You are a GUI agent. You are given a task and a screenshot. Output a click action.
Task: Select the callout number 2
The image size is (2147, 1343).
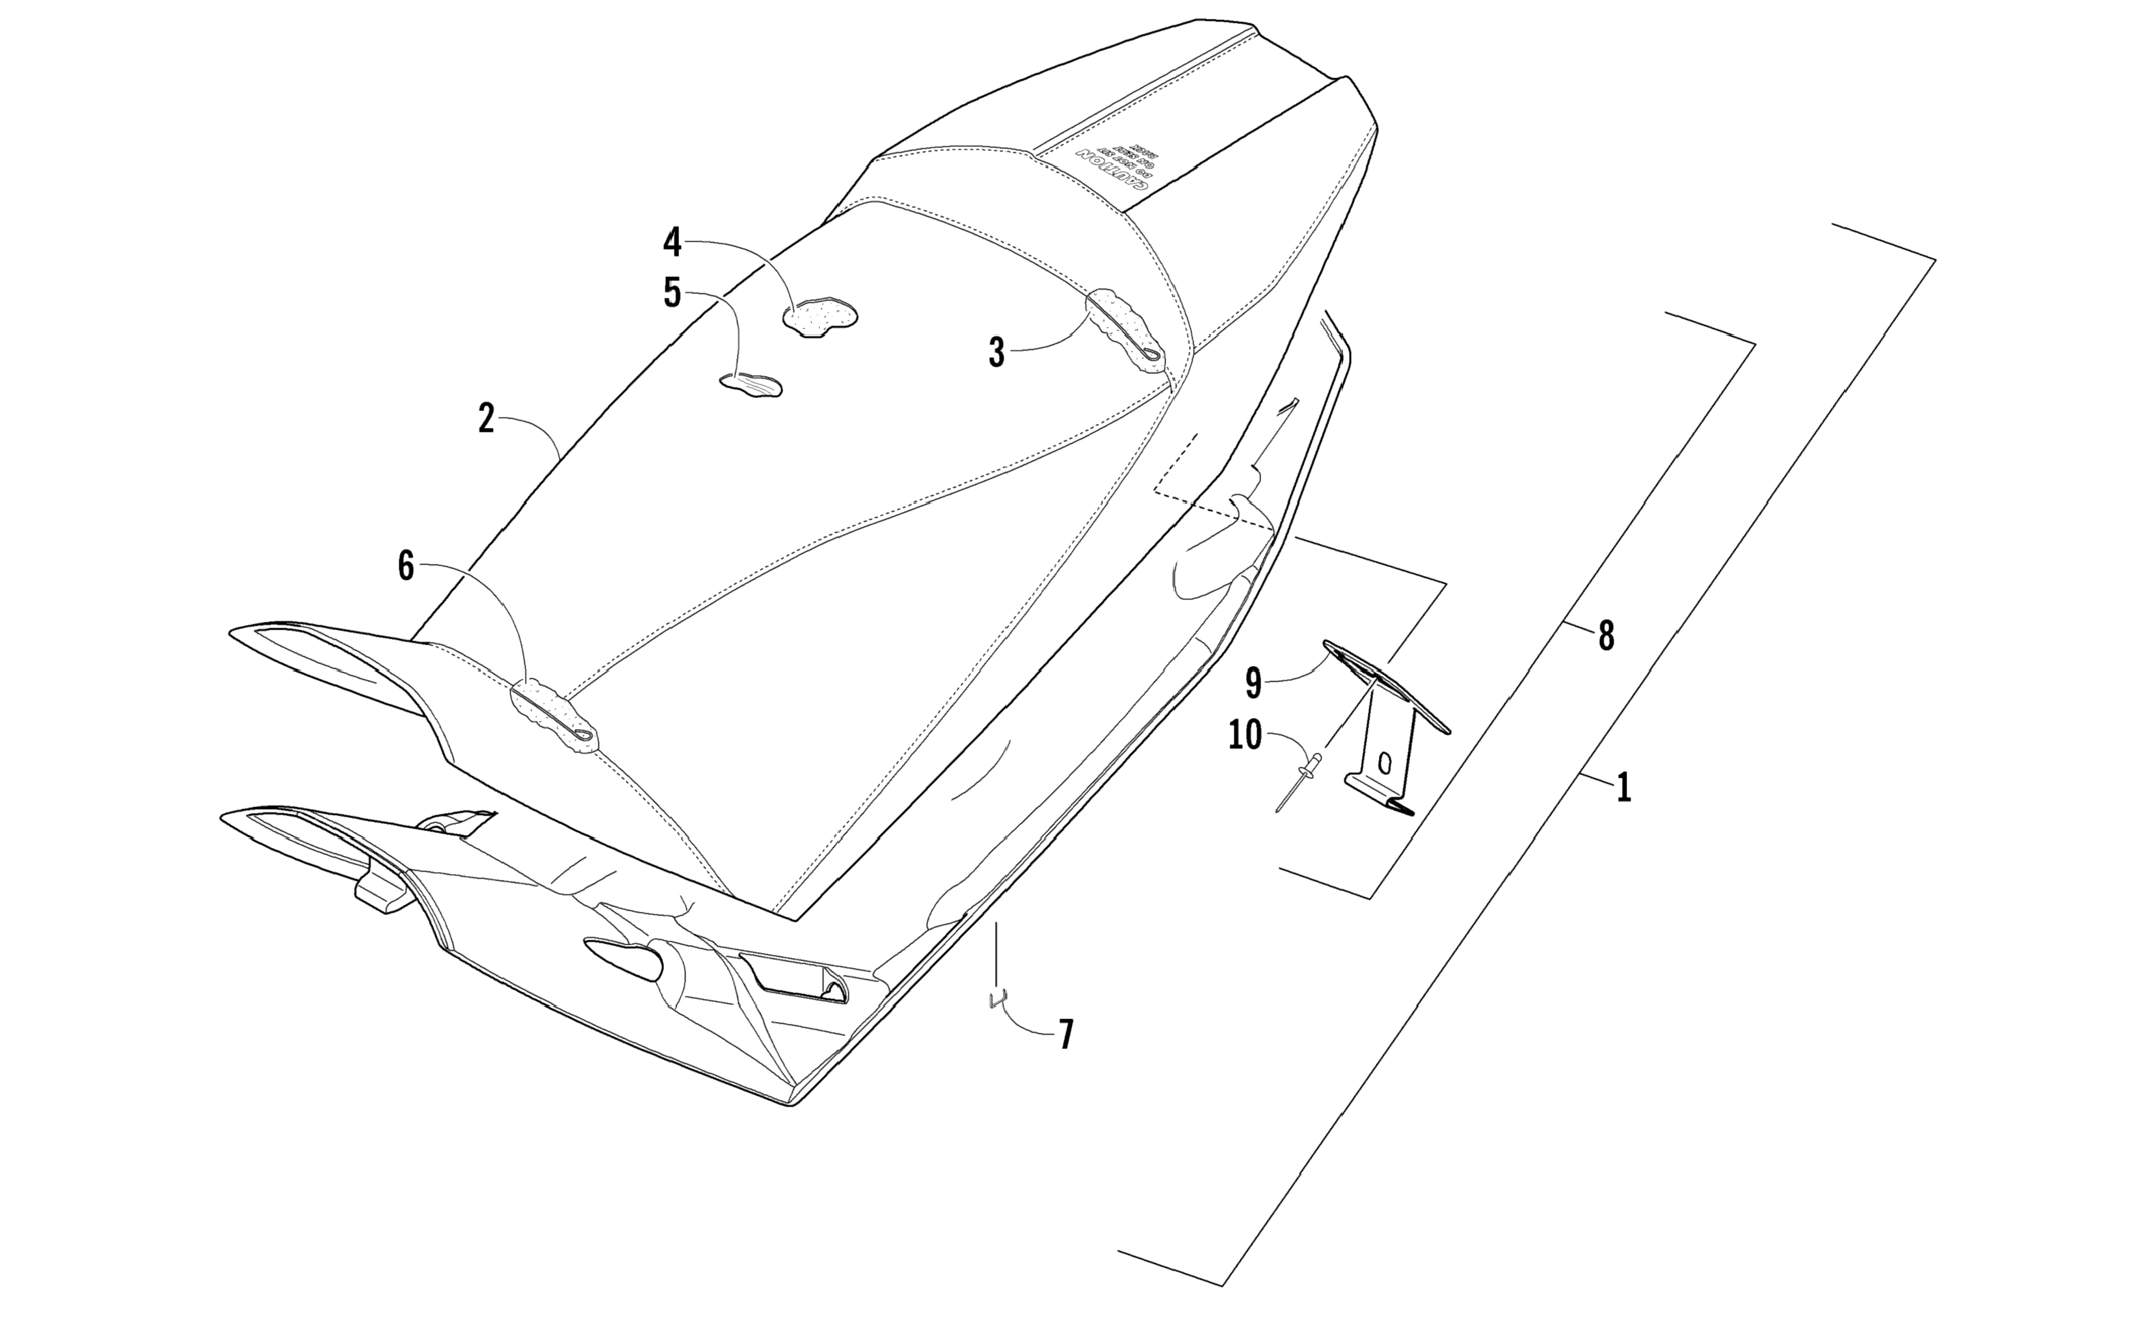tap(486, 418)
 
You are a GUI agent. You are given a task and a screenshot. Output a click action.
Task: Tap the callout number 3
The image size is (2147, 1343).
tap(996, 352)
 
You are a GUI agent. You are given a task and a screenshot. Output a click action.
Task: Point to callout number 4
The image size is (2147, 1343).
tap(673, 241)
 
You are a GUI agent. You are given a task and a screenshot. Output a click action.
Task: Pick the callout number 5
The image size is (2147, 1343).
tap(673, 292)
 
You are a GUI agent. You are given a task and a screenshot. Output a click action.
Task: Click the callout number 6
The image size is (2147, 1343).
tap(406, 565)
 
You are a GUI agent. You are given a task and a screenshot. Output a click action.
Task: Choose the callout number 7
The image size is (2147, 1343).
tap(1065, 1035)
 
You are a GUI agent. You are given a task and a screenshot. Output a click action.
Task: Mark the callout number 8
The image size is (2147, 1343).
tap(1606, 636)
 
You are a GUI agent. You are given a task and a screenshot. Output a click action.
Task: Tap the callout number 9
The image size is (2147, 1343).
tap(1253, 683)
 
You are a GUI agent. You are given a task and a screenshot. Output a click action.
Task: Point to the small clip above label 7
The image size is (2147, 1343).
tap(998, 999)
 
